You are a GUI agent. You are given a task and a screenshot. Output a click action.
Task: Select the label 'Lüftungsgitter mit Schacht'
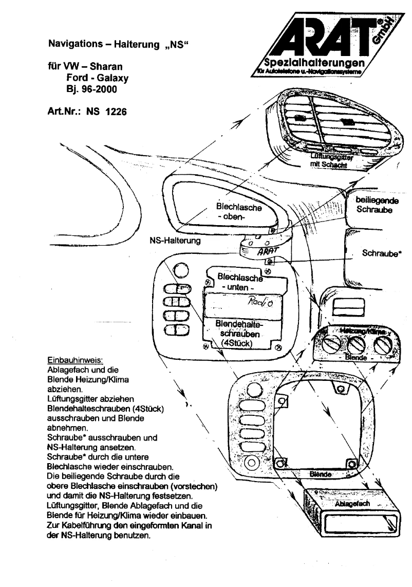click(x=329, y=161)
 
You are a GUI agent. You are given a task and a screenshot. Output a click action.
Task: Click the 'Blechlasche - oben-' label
click(x=239, y=212)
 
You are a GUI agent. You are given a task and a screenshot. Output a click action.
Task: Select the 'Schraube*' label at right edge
click(x=381, y=253)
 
